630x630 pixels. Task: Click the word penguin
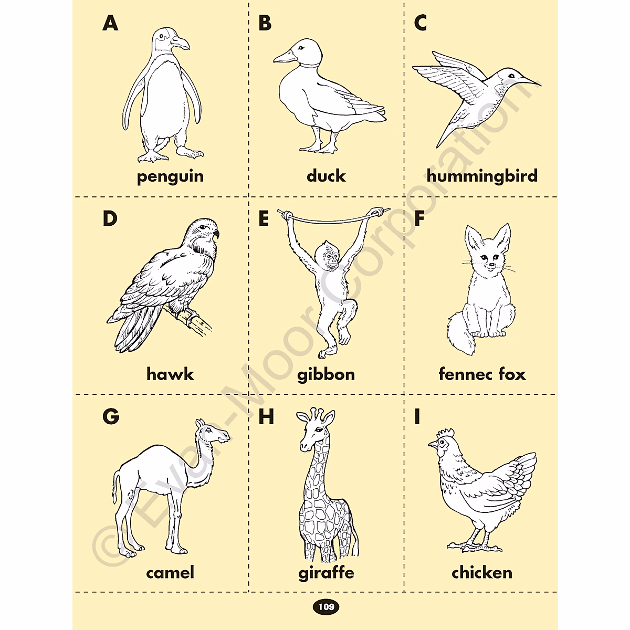point(170,176)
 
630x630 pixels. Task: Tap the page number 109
point(326,607)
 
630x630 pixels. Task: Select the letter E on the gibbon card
point(264,219)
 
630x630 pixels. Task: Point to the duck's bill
point(284,56)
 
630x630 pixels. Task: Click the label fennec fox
point(482,374)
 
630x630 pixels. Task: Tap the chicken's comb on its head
point(446,434)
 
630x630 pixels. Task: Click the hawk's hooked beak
point(216,234)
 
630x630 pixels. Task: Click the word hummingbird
point(482,176)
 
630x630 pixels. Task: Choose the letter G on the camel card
point(111,416)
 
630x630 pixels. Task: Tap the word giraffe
point(326,572)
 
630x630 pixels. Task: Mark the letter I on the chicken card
point(417,416)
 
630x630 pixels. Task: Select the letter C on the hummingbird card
point(421,23)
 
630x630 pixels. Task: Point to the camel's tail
point(114,488)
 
